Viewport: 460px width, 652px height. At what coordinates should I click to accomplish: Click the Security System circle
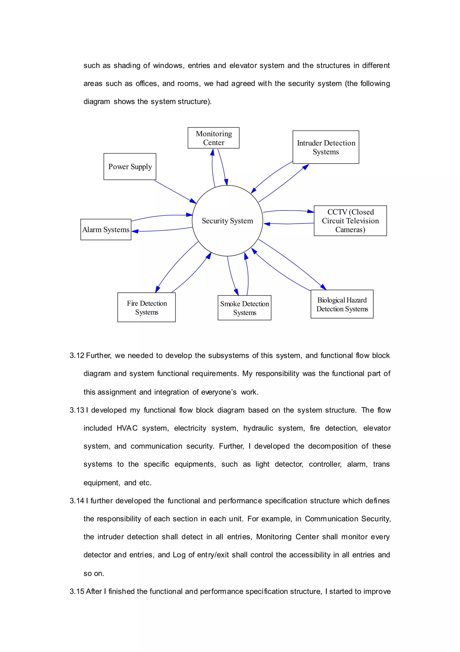(227, 221)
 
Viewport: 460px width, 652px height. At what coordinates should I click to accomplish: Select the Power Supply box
(130, 167)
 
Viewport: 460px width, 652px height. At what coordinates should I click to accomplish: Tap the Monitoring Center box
(214, 138)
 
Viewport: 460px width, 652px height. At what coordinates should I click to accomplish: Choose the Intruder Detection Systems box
(326, 147)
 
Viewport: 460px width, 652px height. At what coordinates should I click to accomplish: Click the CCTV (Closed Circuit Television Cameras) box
(350, 221)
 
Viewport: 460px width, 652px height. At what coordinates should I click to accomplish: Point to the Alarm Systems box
(106, 230)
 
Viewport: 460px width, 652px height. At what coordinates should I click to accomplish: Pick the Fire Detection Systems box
(146, 307)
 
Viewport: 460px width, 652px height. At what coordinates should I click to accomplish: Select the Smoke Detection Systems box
(244, 308)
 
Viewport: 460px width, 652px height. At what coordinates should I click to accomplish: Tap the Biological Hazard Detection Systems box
(342, 304)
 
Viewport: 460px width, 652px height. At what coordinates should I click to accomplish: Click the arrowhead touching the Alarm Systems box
(135, 231)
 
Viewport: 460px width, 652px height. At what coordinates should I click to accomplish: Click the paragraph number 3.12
(77, 355)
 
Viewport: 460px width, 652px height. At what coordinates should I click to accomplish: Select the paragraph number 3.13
(77, 410)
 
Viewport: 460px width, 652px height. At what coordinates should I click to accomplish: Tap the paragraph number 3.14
(77, 501)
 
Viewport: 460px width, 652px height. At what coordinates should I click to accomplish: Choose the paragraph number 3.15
(77, 591)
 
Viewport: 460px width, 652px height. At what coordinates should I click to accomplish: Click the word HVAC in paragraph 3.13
(127, 428)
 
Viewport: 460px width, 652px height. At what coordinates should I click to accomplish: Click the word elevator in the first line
(243, 66)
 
